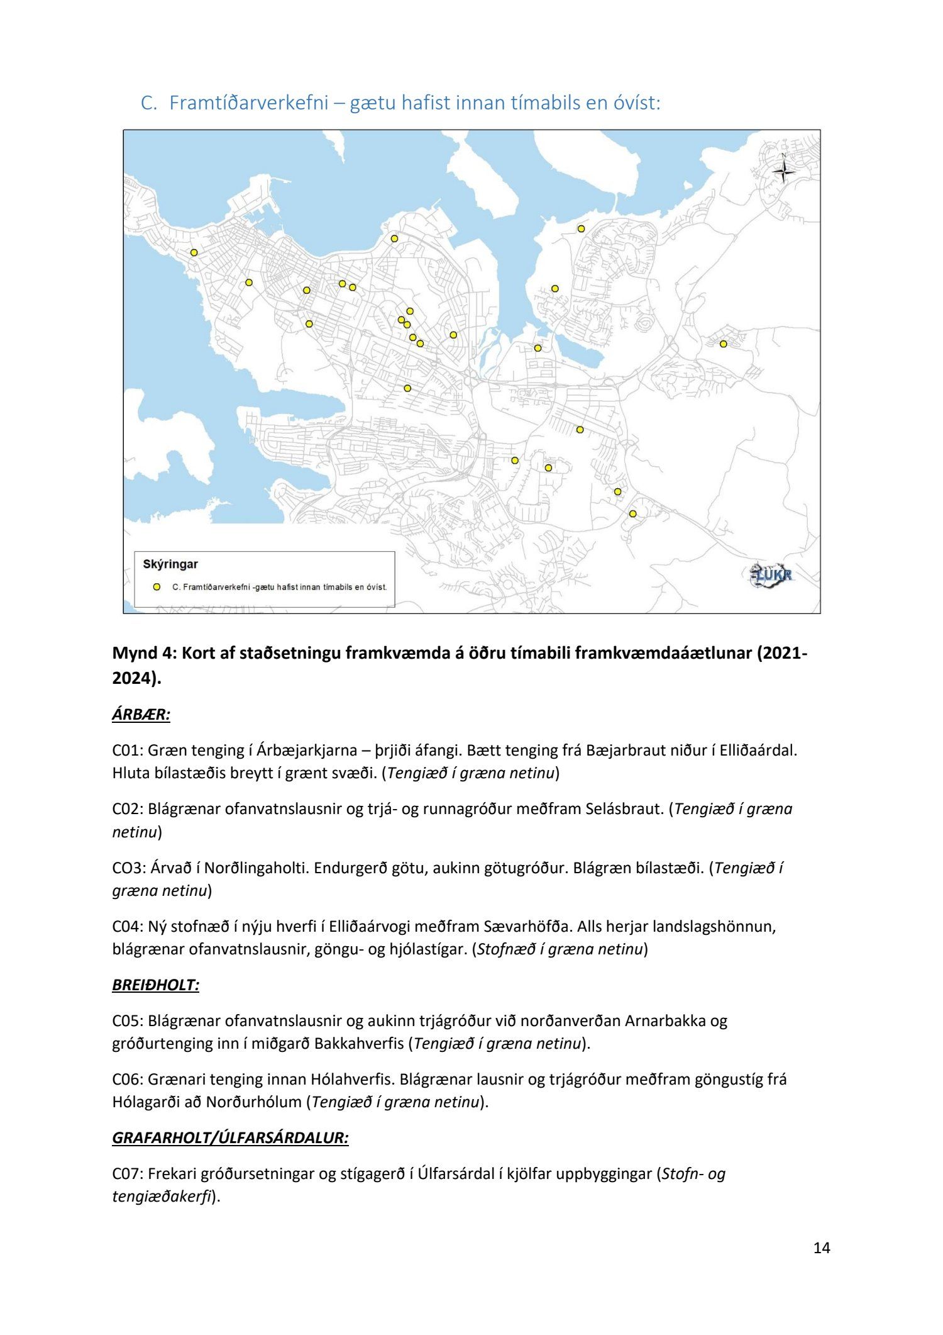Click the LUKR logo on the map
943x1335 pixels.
pos(772,574)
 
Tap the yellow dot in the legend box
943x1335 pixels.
pos(157,587)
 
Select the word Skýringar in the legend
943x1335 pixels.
pos(170,564)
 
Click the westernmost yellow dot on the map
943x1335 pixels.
pos(194,252)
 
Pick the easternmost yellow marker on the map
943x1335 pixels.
pos(724,344)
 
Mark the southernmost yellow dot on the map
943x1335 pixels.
pos(632,514)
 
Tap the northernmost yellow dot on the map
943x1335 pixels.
pos(581,228)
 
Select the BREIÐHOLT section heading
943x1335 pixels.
pos(155,985)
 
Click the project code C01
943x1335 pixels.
pos(127,750)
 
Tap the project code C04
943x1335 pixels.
pos(127,926)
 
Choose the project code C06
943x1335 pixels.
pos(127,1079)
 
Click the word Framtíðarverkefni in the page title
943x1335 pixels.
pos(249,103)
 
